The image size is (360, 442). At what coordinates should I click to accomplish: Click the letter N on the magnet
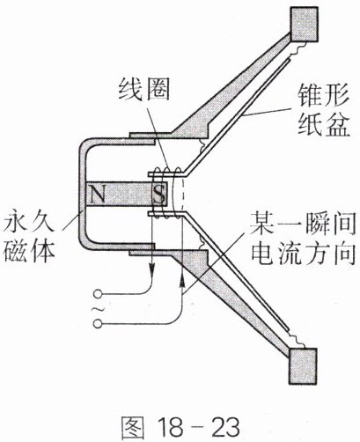[98, 195]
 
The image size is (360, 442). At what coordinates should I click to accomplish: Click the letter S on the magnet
[158, 195]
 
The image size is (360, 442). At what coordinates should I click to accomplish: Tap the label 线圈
[144, 89]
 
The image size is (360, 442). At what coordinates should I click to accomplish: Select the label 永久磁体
[29, 239]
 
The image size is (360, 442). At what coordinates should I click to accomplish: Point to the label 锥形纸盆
[324, 110]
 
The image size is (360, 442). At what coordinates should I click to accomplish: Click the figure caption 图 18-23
[180, 427]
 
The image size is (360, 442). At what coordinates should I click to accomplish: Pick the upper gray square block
[304, 24]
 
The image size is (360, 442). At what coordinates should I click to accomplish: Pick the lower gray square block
[304, 365]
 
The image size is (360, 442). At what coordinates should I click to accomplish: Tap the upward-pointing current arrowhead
[182, 283]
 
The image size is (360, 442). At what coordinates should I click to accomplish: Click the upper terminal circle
[98, 293]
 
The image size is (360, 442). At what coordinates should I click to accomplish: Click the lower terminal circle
[98, 324]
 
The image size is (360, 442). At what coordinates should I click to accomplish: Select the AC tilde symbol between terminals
[98, 309]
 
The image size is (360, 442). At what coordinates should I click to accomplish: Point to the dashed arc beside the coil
[184, 195]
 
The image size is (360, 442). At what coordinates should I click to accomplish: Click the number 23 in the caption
[225, 427]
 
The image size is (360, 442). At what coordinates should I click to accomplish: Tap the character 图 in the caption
[132, 427]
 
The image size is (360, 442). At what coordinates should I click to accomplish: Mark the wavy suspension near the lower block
[297, 341]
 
